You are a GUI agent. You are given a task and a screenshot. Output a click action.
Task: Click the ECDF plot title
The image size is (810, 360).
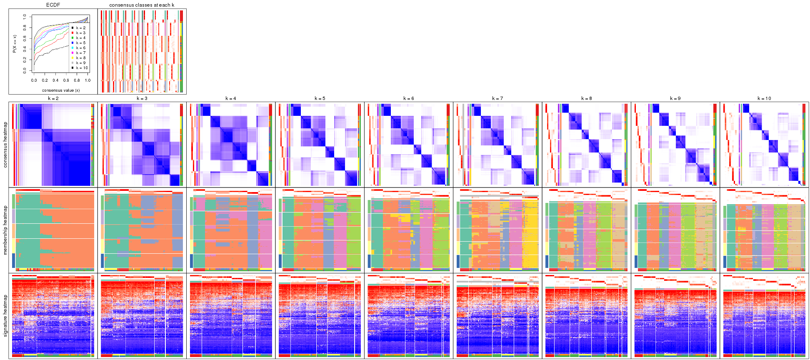click(x=53, y=5)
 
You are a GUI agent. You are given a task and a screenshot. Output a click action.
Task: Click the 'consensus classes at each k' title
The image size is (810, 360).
click(x=142, y=5)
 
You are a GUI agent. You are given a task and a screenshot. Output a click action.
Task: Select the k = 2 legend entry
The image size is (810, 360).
click(x=80, y=28)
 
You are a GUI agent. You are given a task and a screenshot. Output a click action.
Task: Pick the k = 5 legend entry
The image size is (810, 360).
click(x=80, y=43)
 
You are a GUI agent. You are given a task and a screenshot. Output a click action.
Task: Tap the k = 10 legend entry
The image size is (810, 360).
click(x=81, y=68)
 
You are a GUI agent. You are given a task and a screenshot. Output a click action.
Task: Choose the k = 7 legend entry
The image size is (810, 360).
click(x=80, y=53)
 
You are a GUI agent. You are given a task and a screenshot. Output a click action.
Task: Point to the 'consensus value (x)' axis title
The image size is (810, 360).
click(x=61, y=90)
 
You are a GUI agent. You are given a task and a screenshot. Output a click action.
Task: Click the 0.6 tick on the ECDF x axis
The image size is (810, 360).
click(x=66, y=80)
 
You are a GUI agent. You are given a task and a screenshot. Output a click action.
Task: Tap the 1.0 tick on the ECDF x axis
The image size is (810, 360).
click(x=87, y=80)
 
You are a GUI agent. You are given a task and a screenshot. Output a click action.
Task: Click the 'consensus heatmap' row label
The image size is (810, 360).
click(x=5, y=145)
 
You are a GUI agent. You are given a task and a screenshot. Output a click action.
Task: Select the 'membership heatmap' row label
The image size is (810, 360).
click(x=5, y=230)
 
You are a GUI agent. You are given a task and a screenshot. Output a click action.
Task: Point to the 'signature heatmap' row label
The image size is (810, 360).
click(x=5, y=316)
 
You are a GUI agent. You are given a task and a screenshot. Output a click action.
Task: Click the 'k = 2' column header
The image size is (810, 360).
click(x=53, y=99)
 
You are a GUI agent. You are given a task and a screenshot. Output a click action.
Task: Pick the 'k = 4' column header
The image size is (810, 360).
click(x=231, y=99)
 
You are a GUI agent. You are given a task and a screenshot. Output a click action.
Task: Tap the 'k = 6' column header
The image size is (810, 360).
click(x=409, y=99)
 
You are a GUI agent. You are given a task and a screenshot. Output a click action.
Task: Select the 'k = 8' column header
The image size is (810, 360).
click(x=586, y=99)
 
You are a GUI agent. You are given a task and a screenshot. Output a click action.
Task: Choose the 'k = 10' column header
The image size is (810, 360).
click(x=764, y=99)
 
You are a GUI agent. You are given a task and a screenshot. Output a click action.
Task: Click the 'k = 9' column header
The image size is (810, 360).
click(x=675, y=99)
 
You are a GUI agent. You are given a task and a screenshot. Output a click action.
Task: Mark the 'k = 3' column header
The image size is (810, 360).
click(x=142, y=99)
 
